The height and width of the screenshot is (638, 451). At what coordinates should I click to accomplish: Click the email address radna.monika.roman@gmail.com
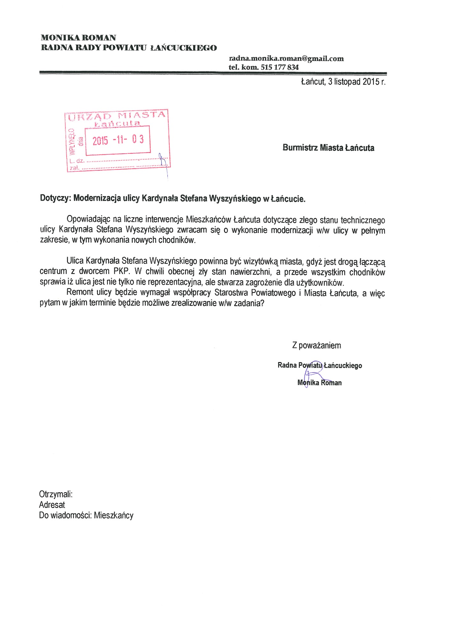tap(286, 58)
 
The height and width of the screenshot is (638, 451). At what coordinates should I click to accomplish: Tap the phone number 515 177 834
tap(279, 67)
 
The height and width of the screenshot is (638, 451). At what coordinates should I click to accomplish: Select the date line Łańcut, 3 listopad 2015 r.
tap(343, 82)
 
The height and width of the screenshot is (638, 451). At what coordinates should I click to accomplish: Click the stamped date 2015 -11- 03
tap(118, 140)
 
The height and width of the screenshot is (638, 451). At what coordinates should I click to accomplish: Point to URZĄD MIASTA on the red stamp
tap(117, 116)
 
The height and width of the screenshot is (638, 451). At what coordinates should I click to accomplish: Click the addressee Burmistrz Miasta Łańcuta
tap(328, 148)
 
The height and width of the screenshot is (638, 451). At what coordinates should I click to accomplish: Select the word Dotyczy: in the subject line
tap(55, 198)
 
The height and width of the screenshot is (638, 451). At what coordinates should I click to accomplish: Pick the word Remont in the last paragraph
tap(80, 292)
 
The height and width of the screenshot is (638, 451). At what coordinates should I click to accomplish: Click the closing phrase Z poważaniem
tap(316, 345)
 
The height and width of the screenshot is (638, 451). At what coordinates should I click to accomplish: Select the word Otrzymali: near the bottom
tap(56, 494)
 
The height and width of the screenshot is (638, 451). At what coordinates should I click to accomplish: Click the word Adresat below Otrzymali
tap(52, 505)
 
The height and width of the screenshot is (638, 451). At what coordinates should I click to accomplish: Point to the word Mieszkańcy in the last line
tap(114, 516)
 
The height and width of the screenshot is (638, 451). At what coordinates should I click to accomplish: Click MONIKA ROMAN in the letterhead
tap(78, 38)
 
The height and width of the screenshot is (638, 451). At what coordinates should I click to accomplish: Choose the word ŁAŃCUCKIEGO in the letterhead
tap(183, 48)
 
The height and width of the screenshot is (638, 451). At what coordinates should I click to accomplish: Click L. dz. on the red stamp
tap(77, 161)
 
